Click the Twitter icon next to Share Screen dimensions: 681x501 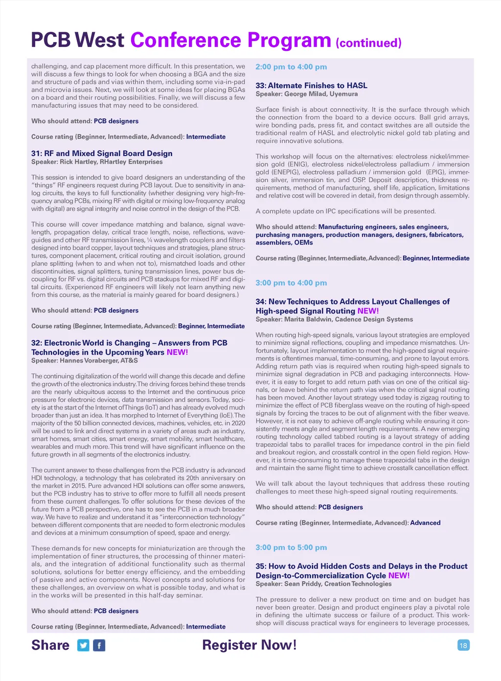point(84,645)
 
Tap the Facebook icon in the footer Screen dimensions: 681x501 point(99,645)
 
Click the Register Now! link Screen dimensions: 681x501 point(250,645)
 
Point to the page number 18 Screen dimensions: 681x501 point(463,645)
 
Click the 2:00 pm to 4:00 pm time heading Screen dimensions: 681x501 point(291,67)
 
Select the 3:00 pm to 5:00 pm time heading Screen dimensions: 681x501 point(291,547)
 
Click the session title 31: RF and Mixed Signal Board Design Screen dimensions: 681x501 point(102,154)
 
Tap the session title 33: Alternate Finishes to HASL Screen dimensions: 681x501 point(311,86)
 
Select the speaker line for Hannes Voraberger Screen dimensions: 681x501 point(85,361)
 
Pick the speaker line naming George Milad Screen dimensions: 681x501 point(306,94)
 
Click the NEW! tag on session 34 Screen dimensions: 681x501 point(368,311)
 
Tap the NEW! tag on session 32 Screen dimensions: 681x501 point(177,352)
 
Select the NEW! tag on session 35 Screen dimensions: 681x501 point(399,576)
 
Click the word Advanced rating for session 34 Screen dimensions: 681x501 point(425,523)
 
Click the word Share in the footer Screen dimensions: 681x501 point(50,645)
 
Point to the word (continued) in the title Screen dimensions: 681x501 point(368,43)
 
